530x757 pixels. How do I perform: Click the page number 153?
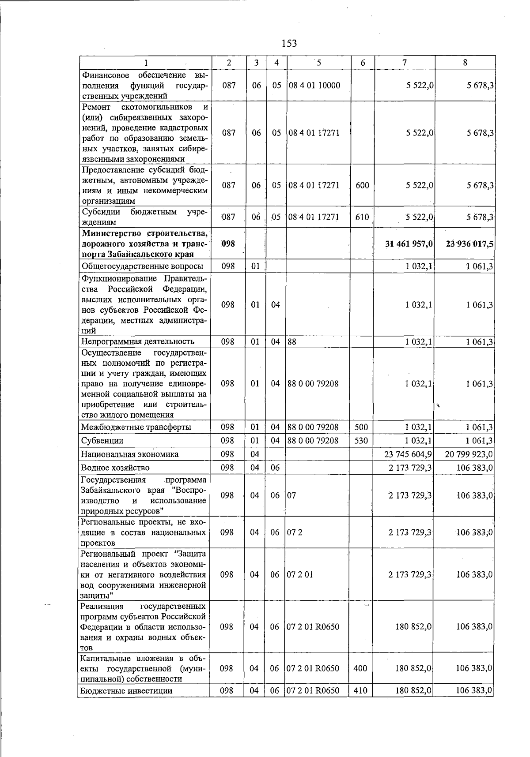tap(289, 43)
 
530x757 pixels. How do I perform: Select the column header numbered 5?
tap(318, 63)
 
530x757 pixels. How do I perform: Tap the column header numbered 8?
tap(465, 63)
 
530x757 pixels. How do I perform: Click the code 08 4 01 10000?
tap(314, 85)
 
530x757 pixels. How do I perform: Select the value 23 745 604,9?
tap(409, 454)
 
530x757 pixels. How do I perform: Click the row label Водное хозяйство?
tap(115, 468)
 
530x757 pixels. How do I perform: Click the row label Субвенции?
tap(102, 441)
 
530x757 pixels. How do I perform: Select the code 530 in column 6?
tap(361, 440)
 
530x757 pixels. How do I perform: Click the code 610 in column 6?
tap(362, 217)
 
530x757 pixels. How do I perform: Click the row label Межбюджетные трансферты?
tap(136, 427)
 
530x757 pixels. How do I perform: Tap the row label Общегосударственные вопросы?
tap(142, 266)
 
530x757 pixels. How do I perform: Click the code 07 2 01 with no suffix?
tap(300, 574)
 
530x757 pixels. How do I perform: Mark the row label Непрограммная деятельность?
tap(137, 341)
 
